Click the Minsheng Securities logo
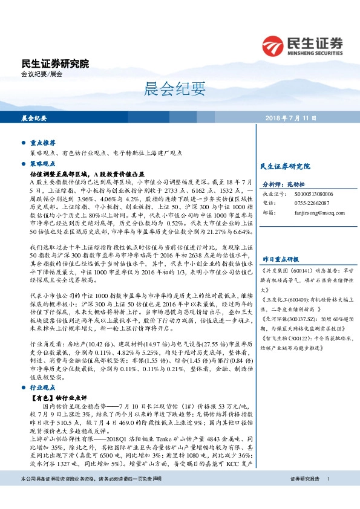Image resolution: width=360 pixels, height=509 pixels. tap(303, 45)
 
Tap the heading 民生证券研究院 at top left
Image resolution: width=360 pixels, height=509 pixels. tap(55, 63)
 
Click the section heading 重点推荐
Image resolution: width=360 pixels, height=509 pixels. tap(43, 143)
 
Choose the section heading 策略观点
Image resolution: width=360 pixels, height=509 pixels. tap(43, 163)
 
